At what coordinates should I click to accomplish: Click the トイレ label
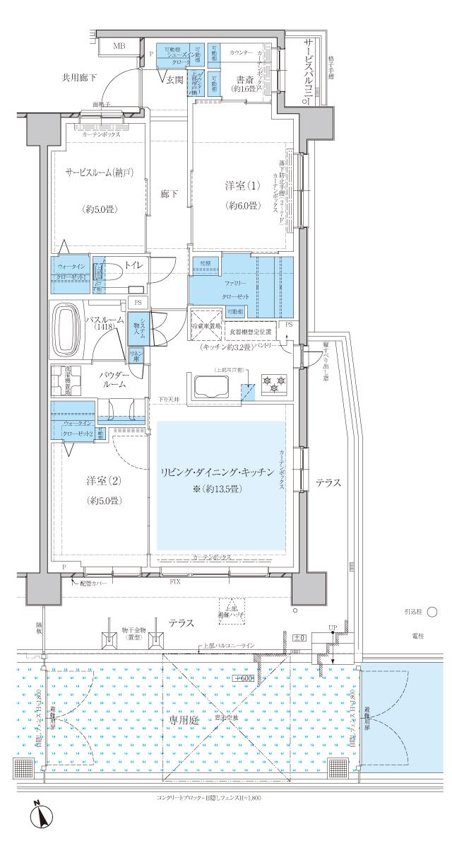[134, 265]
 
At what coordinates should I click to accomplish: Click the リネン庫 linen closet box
[136, 355]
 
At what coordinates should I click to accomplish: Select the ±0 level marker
[299, 638]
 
